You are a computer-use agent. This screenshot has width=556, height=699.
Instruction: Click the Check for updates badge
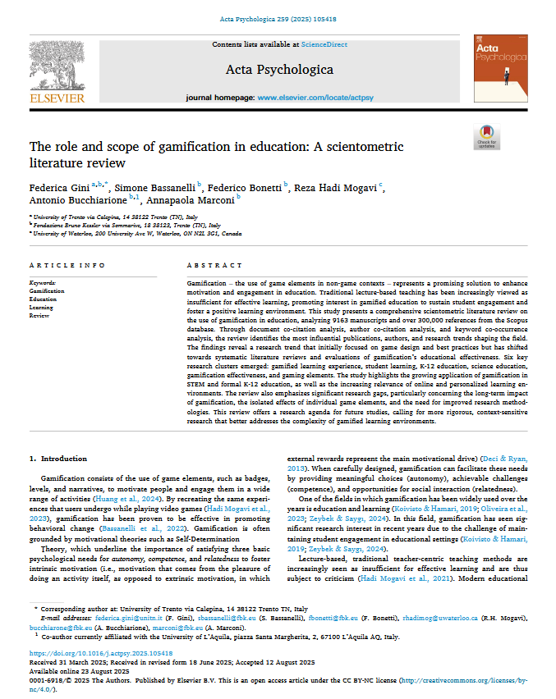click(x=486, y=138)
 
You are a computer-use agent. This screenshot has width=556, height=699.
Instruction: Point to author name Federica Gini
click(x=59, y=187)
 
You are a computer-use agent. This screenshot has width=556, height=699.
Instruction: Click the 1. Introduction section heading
click(x=57, y=458)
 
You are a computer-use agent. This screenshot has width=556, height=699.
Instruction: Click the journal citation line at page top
click(x=278, y=19)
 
